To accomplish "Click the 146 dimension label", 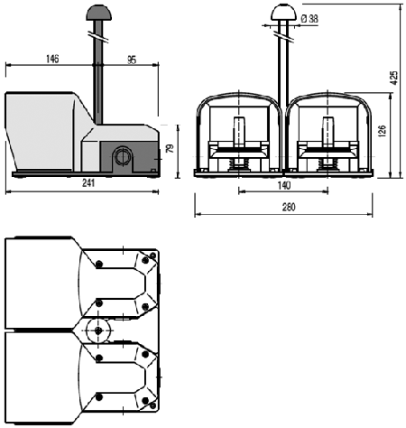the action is [52, 59].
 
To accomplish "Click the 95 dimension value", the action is [132, 60].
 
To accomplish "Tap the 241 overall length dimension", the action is [88, 183].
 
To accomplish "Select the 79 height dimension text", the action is [171, 148].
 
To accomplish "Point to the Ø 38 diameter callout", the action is [309, 19].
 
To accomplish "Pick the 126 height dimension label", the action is [382, 131].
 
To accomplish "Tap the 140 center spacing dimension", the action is [284, 185].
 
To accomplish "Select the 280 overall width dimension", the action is [289, 207].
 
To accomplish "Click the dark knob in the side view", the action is [99, 13].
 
